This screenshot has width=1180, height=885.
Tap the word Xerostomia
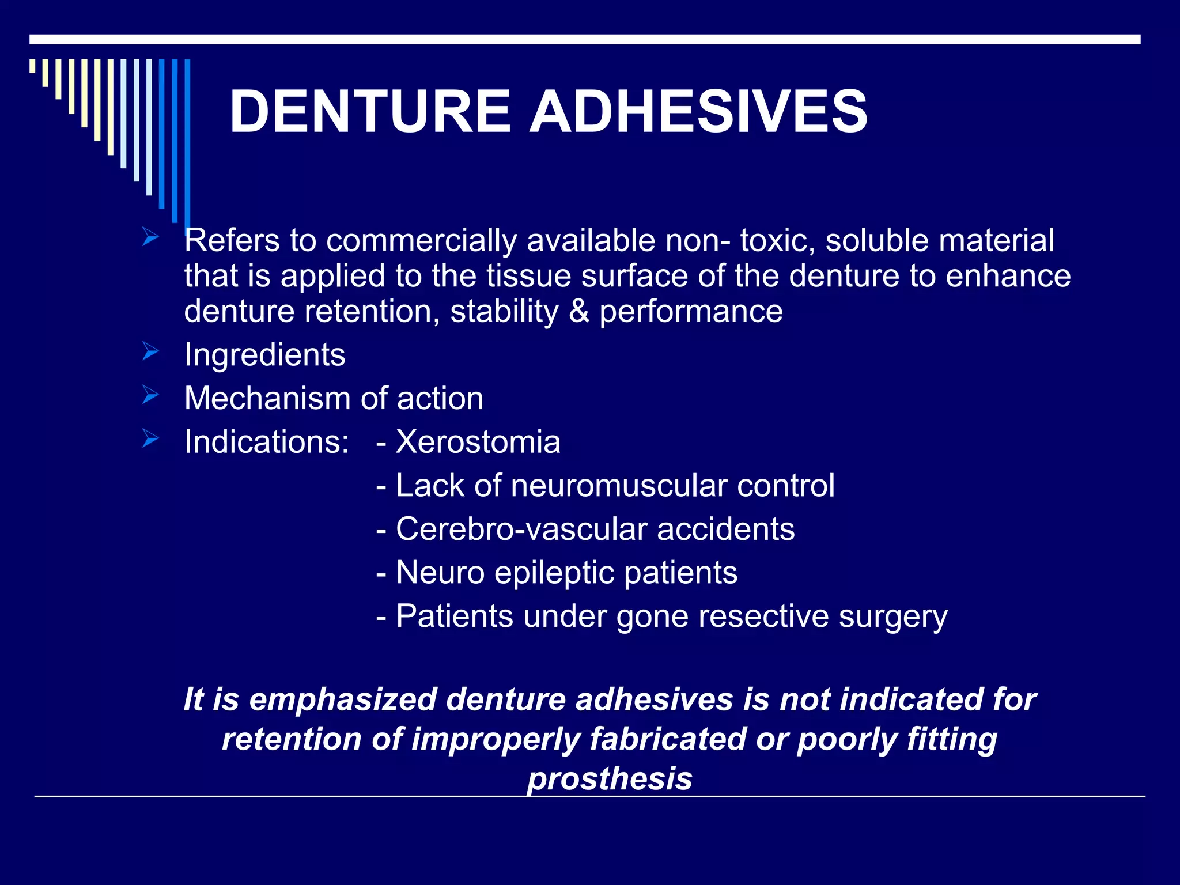[478, 442]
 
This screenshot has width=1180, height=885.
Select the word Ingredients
[264, 354]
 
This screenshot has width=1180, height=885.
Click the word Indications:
[266, 442]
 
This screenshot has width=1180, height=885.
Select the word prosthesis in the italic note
[610, 778]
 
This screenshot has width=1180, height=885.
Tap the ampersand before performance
[578, 311]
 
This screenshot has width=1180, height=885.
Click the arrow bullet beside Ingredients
[150, 351]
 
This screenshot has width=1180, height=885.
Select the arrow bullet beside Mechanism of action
[150, 395]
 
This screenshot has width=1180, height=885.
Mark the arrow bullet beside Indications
[150, 438]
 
